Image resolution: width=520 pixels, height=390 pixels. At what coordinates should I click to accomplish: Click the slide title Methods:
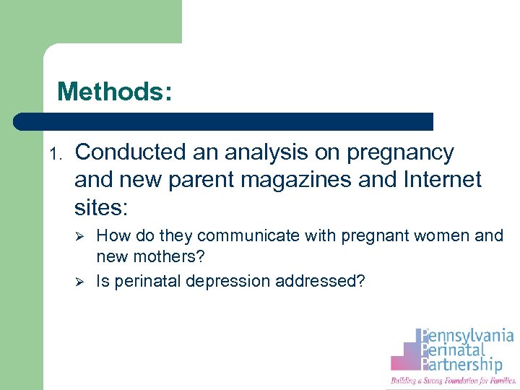(115, 92)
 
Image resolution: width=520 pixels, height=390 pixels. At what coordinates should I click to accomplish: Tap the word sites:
(101, 208)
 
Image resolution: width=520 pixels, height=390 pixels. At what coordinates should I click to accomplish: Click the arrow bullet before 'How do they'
(82, 237)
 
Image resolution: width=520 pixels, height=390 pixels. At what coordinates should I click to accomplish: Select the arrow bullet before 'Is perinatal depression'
(82, 281)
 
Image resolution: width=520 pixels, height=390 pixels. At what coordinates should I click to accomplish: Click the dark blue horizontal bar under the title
(224, 121)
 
